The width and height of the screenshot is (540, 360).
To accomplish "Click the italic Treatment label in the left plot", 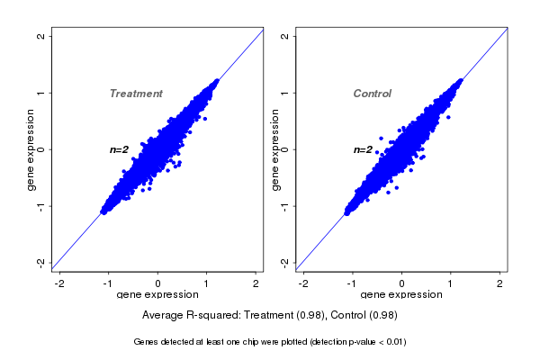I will (x=136, y=94).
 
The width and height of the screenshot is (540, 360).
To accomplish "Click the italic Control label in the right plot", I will (x=373, y=94).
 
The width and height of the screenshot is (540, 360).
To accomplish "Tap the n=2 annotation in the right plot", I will (x=363, y=149).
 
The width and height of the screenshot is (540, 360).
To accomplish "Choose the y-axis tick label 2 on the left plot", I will (x=40, y=36).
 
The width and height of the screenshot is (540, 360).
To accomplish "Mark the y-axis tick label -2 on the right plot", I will (x=284, y=262).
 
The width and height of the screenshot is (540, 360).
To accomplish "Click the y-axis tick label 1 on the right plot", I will (x=284, y=93).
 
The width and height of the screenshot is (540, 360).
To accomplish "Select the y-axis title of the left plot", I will (x=31, y=149).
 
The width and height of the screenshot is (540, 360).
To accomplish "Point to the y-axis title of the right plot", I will (x=275, y=149).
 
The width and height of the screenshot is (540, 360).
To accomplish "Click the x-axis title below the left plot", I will (x=157, y=295).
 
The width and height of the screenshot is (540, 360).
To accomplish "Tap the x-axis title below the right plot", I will (x=401, y=295).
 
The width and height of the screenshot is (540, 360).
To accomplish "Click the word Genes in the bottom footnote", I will (x=146, y=342).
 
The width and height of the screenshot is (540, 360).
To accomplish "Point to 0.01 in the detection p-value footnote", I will (x=392, y=342).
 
